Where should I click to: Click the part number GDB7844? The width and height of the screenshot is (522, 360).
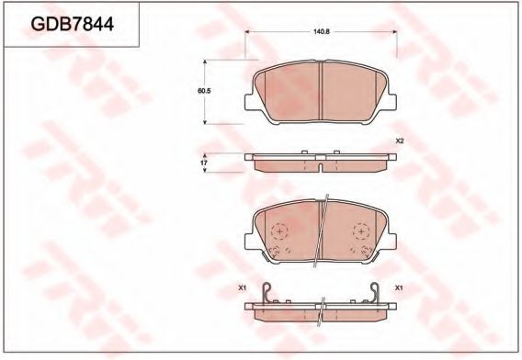tap(73, 25)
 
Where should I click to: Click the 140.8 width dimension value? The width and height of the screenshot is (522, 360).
tap(321, 31)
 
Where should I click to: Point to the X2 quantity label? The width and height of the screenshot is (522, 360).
tap(400, 141)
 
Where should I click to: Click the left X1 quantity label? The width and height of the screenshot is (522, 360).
tap(244, 288)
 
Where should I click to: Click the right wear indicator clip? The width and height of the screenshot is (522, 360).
tap(377, 294)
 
